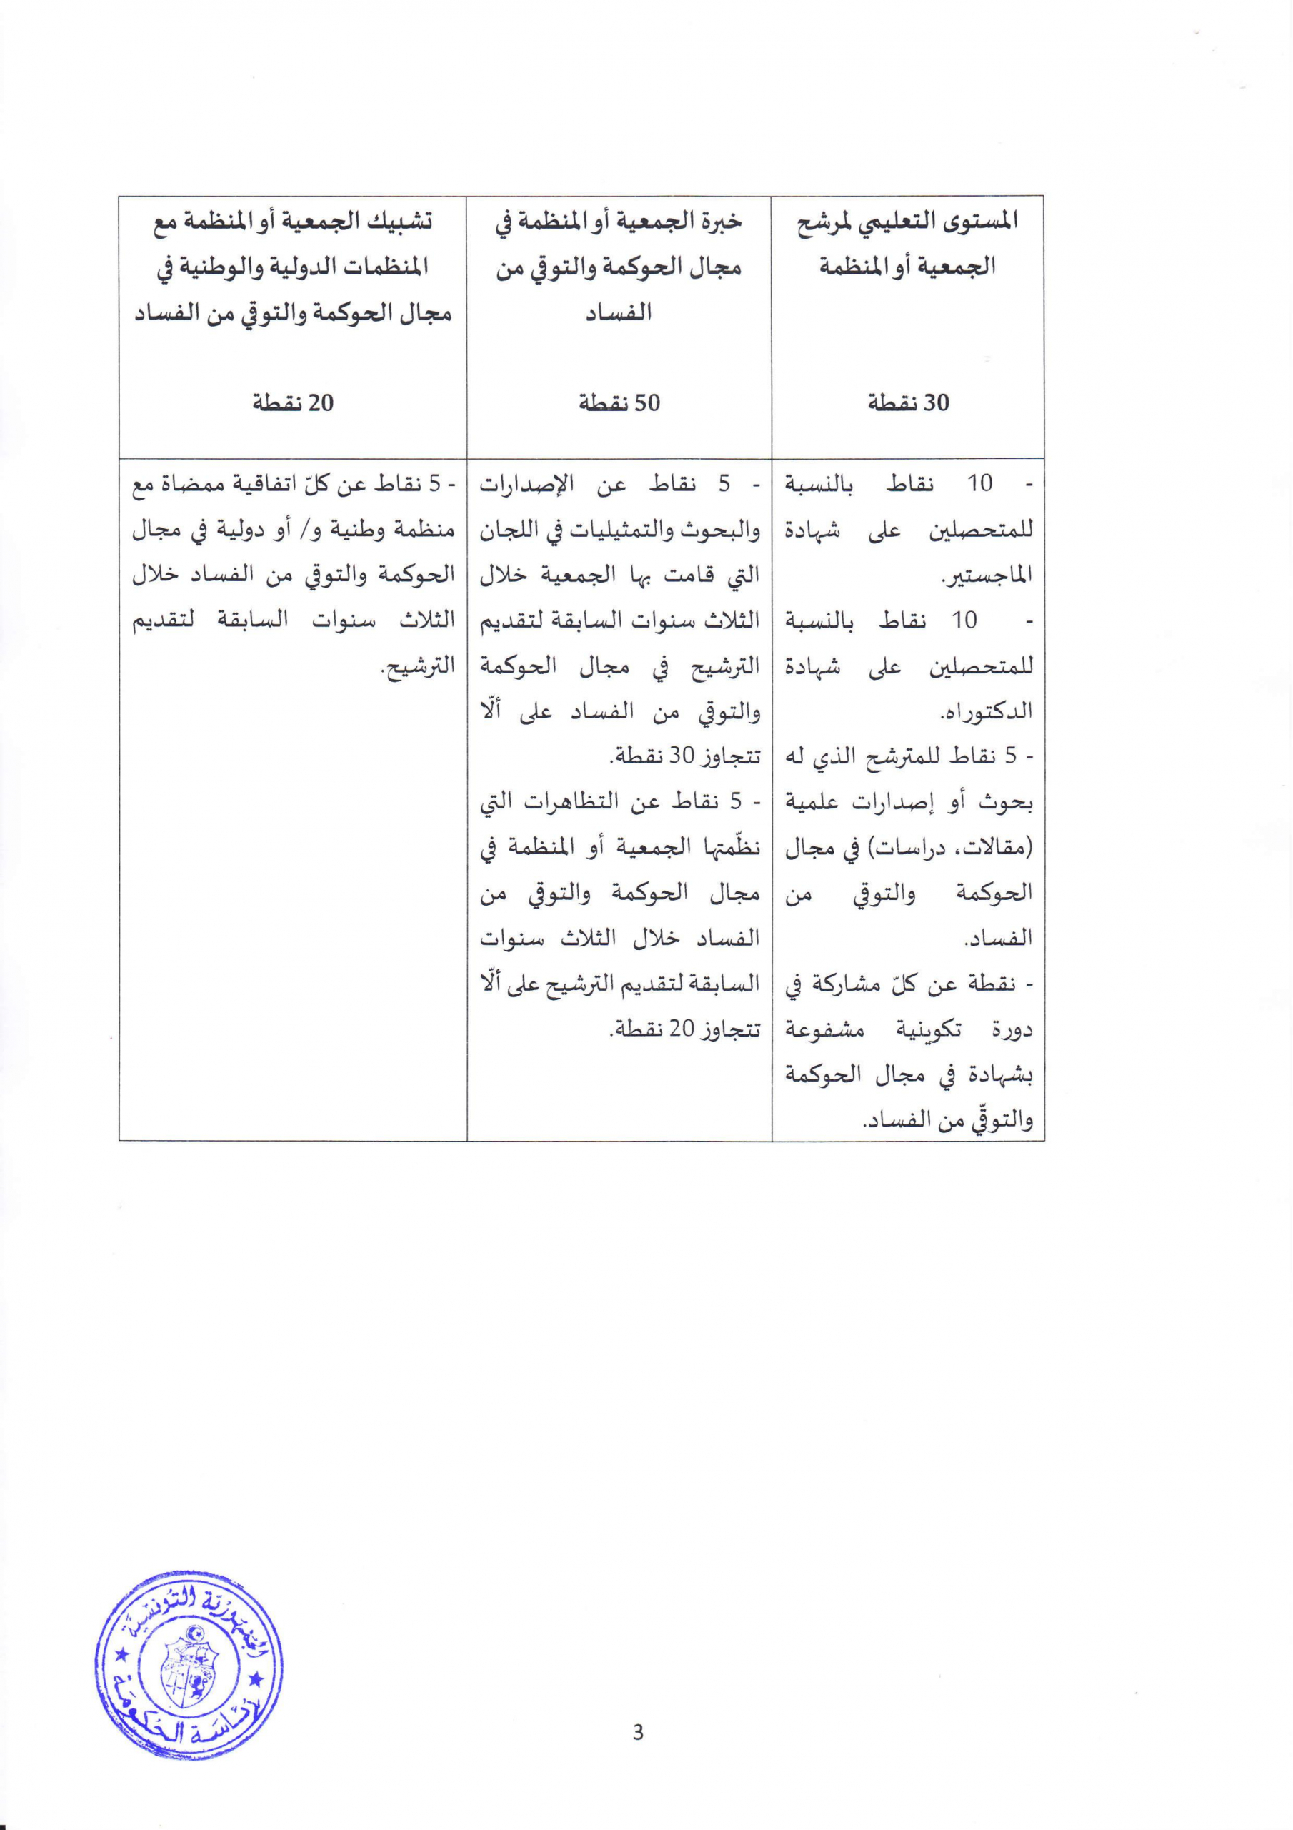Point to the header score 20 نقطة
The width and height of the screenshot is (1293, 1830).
(x=293, y=403)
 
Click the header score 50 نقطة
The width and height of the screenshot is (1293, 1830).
(x=619, y=403)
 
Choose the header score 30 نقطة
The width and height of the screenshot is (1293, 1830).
(x=908, y=403)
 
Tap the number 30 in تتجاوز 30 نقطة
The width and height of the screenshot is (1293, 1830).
(x=683, y=757)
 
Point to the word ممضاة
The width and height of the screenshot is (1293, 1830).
(x=188, y=485)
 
